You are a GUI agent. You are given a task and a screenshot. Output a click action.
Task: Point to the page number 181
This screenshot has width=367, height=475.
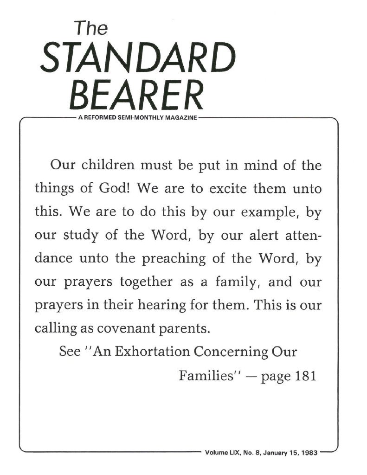[x=305, y=375]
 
